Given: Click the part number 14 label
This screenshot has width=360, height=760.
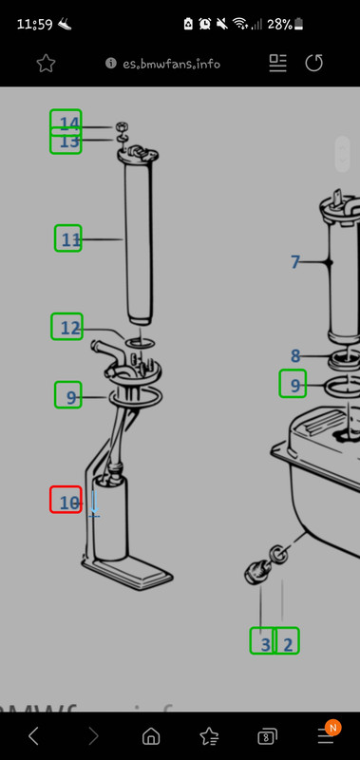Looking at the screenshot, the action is [68, 124].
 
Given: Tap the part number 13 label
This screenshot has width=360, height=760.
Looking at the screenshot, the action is [68, 142].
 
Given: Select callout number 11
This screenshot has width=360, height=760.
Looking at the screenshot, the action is [70, 239].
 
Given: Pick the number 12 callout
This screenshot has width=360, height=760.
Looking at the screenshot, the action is [69, 328].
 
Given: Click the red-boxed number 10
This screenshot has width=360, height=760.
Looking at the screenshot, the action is [68, 503].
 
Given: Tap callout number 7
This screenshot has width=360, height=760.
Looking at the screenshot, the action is [295, 262].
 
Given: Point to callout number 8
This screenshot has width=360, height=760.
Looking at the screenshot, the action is [295, 355].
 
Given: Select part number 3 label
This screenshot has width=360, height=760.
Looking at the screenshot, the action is [266, 645].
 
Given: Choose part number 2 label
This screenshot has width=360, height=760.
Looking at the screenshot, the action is [288, 645].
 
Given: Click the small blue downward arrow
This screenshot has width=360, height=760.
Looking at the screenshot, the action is [94, 503].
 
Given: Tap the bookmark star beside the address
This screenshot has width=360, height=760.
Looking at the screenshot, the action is [46, 64].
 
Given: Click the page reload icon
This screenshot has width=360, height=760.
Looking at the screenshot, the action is [314, 63].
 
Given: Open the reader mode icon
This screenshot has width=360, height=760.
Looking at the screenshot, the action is [277, 63].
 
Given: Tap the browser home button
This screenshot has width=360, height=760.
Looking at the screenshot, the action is [151, 736].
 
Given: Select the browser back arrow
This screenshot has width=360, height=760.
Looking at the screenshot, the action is [33, 736].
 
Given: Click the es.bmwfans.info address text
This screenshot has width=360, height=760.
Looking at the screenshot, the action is [172, 64].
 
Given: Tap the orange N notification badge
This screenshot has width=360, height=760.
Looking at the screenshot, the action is [332, 727].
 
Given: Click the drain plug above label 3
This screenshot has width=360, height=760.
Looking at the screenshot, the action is [256, 572].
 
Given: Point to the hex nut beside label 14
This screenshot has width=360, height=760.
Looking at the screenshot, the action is [122, 127].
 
